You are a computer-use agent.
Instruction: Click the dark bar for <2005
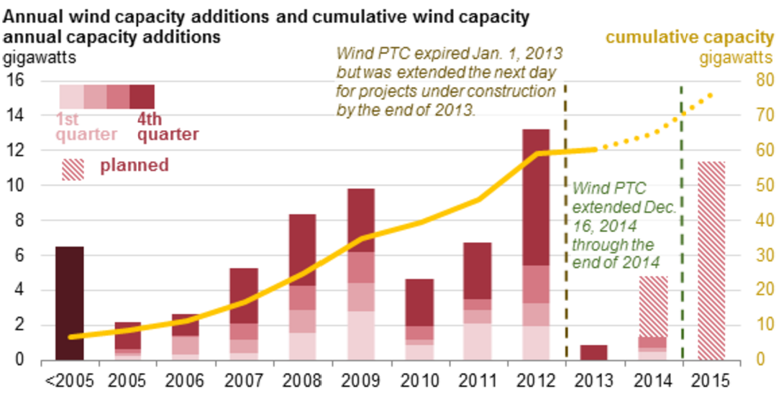pos(70,302)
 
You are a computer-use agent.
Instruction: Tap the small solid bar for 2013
pos(593,352)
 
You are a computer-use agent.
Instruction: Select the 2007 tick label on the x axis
pos(244,379)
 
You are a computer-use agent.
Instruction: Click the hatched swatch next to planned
pos(73,168)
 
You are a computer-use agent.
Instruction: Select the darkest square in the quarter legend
pos(142,96)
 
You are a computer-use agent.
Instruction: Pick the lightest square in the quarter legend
pos(72,96)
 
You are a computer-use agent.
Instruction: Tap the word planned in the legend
pos(135,165)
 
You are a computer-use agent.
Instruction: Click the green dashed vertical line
pos(680,216)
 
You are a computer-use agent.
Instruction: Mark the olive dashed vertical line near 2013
pos(565,216)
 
